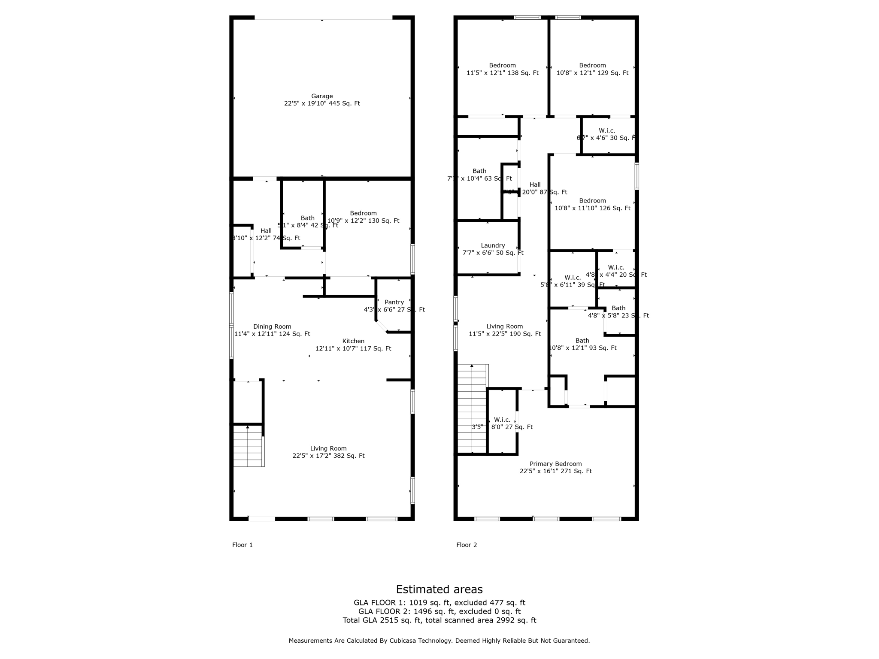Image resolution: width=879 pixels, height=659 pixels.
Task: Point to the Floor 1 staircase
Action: (248, 446)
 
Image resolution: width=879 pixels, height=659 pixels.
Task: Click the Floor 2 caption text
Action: (467, 545)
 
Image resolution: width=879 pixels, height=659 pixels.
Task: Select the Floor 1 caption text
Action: (242, 545)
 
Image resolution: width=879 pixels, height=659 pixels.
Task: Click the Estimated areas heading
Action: (439, 589)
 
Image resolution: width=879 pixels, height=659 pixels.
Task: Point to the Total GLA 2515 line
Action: (439, 620)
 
